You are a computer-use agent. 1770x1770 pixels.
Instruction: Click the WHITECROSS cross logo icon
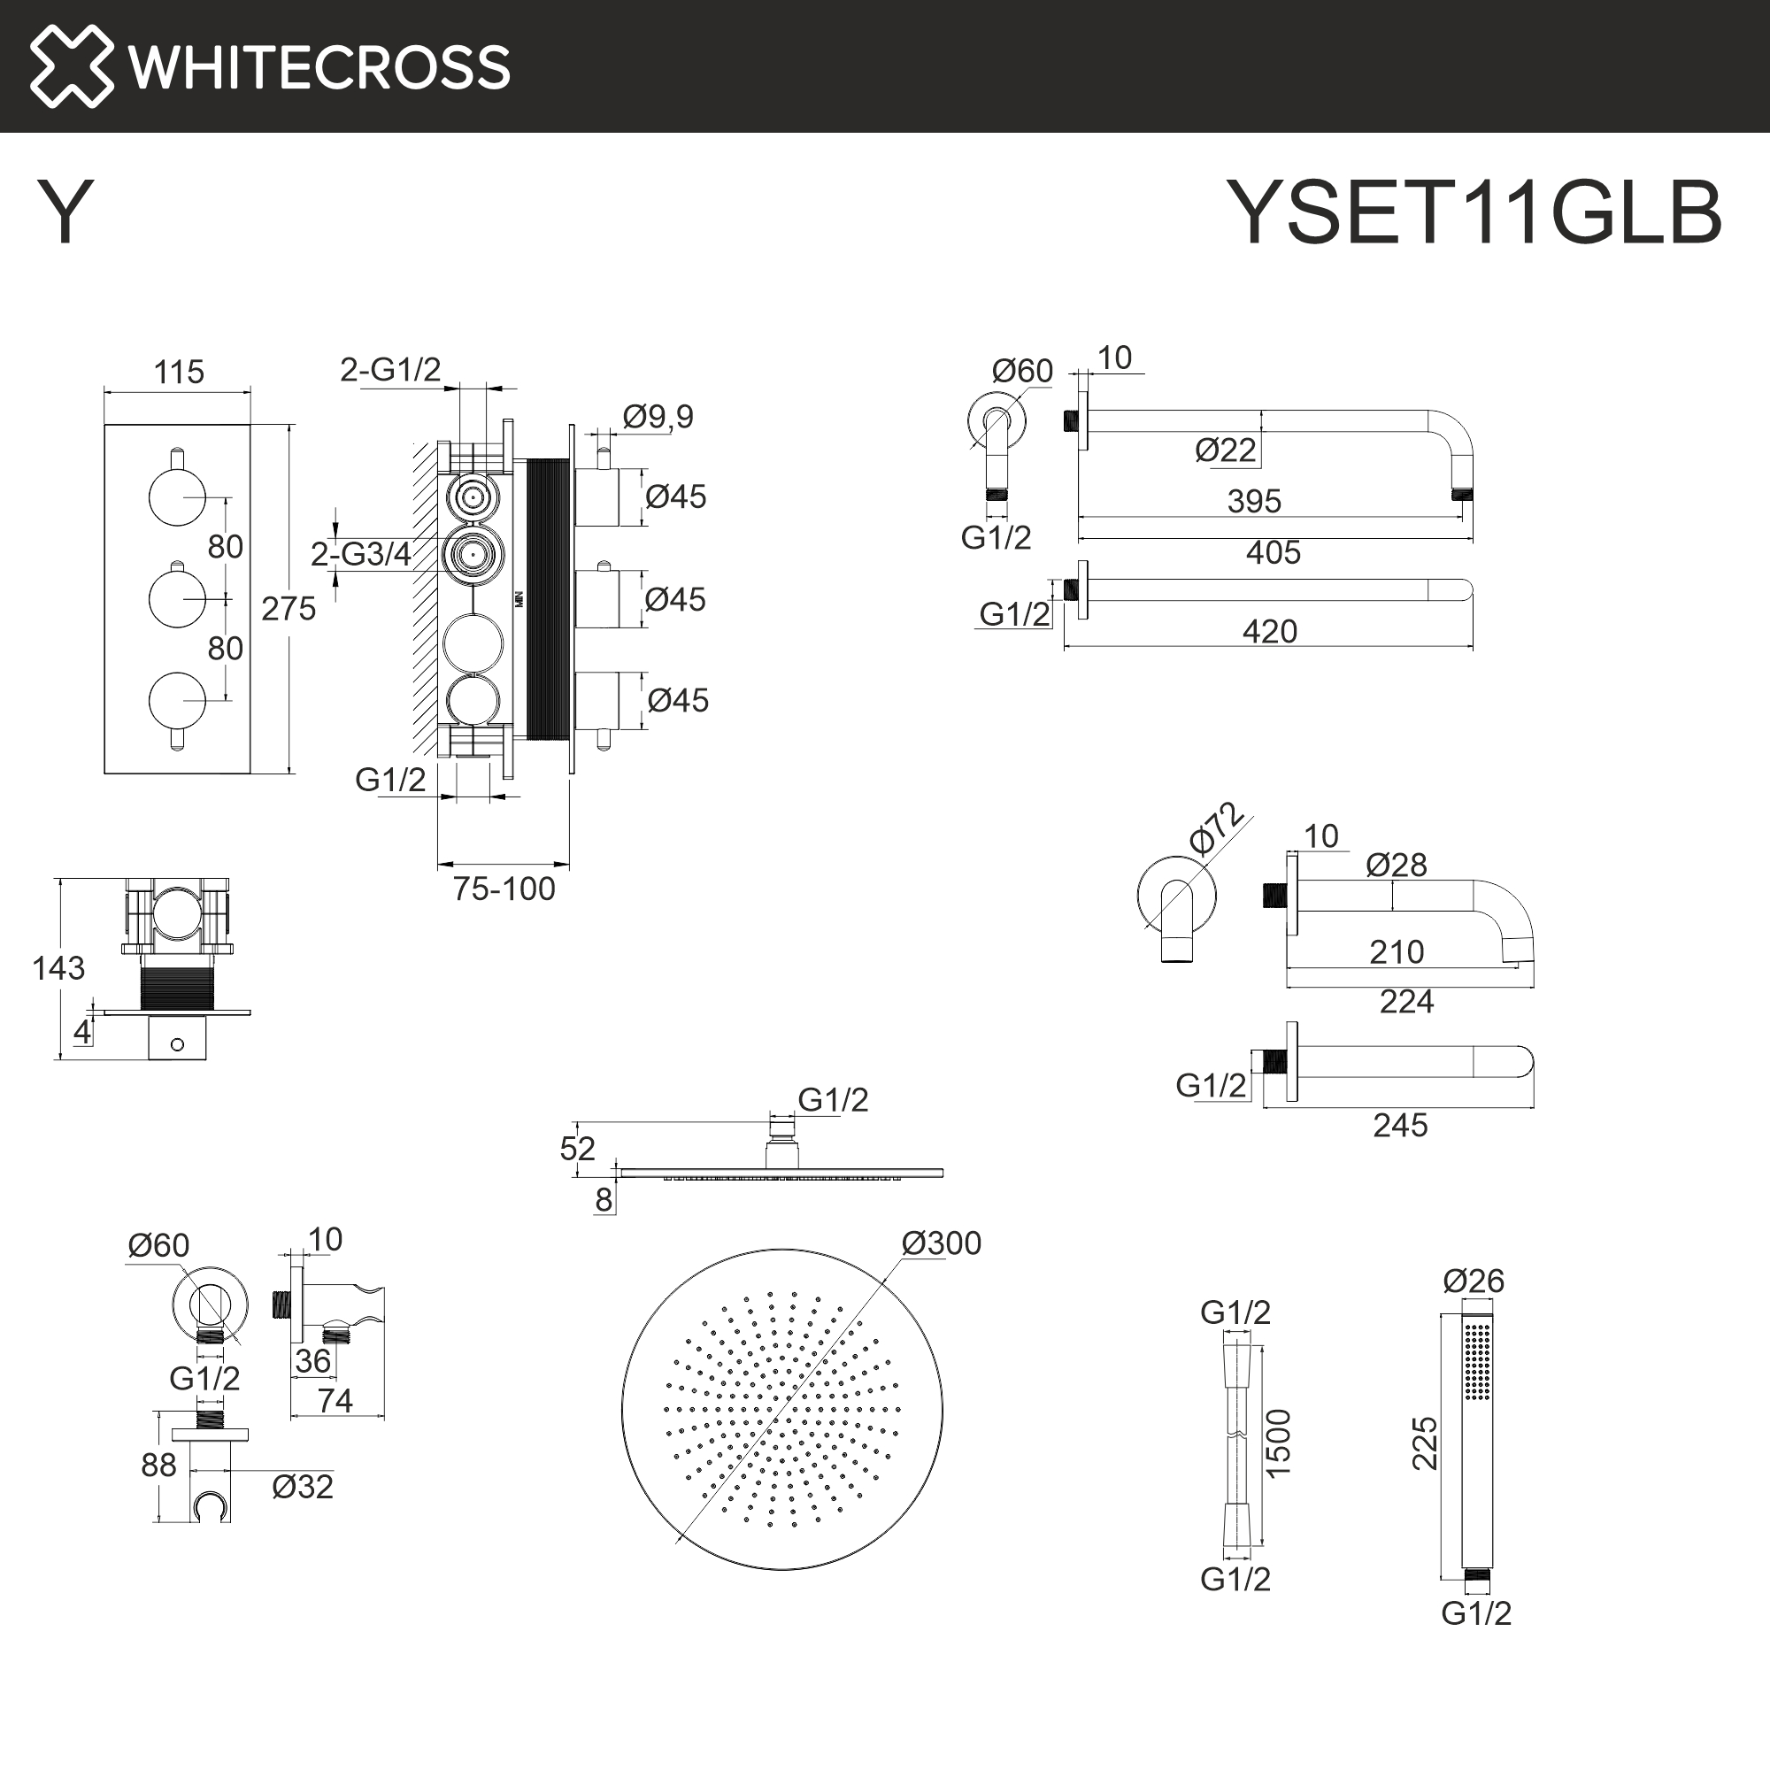pos(72,66)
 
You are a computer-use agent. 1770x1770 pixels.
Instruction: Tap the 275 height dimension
pos(289,608)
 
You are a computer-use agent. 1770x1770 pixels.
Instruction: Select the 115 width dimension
pos(179,372)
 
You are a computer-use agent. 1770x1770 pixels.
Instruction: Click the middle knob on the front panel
pos(177,598)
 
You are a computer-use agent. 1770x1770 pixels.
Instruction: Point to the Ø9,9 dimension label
pos(658,417)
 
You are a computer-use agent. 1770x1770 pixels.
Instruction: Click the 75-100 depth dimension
pos(504,889)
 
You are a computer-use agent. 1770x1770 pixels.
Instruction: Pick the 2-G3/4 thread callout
pos(360,554)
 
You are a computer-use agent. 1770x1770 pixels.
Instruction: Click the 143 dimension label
pos(58,968)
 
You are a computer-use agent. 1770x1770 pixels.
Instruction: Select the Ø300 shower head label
pos(941,1243)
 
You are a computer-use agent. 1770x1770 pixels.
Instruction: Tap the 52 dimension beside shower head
pos(577,1149)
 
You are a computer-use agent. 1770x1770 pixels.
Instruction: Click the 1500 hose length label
pos(1278,1443)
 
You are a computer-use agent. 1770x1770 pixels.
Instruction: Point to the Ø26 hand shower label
pos(1474,1281)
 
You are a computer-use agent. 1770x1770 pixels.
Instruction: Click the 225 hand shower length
pos(1425,1443)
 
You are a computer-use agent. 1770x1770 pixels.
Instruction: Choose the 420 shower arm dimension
pos(1270,631)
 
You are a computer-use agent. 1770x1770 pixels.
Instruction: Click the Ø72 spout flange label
pos(1216,829)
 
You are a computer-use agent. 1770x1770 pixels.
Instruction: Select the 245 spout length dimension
pos(1400,1125)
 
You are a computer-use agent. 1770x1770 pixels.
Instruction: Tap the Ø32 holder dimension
pos(303,1487)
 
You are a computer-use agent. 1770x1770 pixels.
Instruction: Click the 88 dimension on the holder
pos(158,1465)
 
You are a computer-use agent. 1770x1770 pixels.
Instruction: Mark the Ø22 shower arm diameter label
pos(1225,450)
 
